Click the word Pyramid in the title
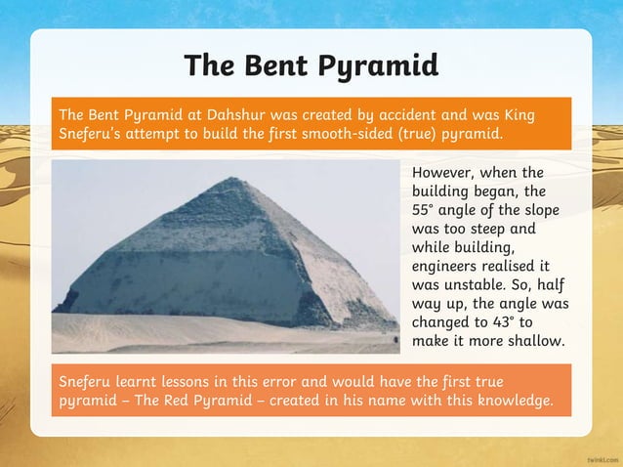[382, 66]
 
